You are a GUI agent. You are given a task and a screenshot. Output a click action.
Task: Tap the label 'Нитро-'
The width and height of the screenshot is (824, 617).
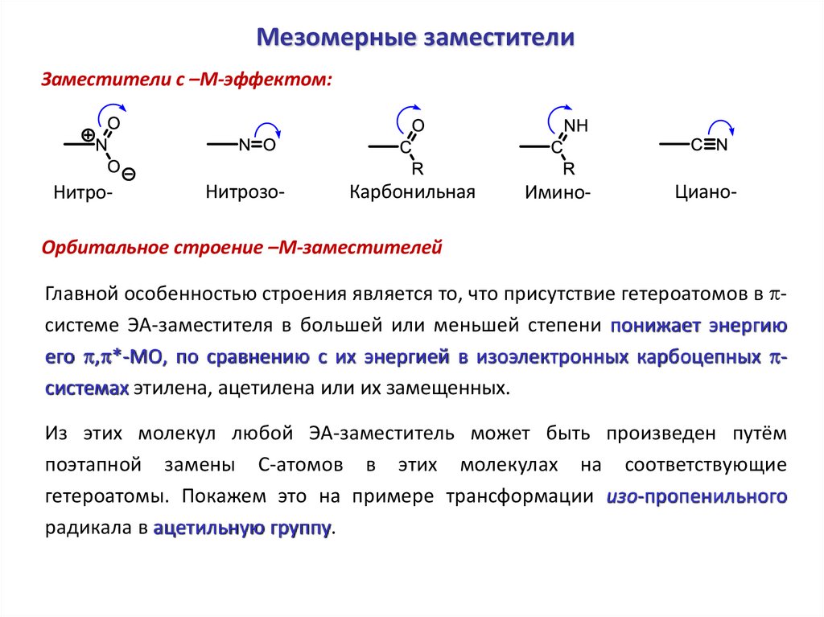[x=83, y=193]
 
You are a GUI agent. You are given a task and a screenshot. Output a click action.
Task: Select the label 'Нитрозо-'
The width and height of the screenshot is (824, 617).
[x=245, y=191]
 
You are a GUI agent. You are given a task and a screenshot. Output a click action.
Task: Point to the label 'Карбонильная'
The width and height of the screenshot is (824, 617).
[x=413, y=192]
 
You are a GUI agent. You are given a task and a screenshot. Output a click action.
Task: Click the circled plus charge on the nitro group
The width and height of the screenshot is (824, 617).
[x=87, y=134]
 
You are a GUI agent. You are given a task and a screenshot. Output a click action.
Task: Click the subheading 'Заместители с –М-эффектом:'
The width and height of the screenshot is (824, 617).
[x=187, y=80]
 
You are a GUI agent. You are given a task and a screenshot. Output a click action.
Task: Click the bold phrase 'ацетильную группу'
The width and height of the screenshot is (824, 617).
[x=241, y=529]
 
